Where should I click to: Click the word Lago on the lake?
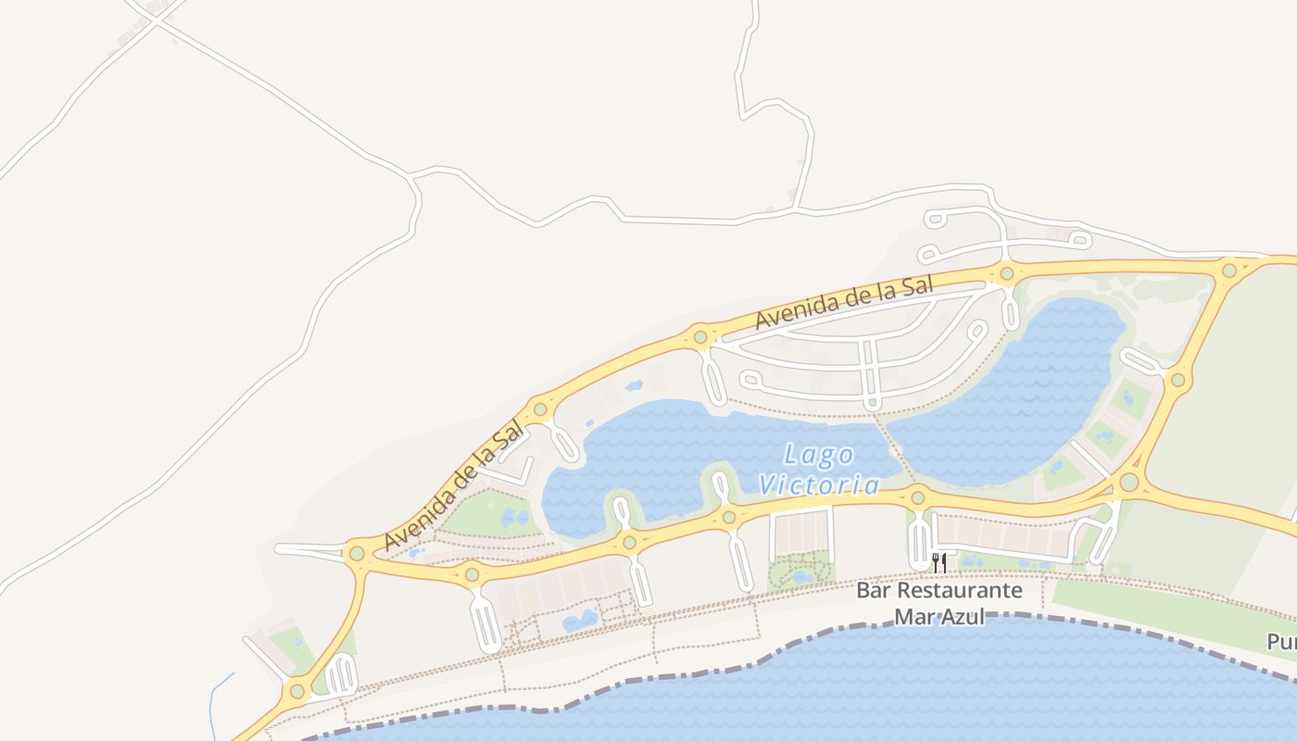[819, 455]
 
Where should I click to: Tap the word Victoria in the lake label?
[818, 484]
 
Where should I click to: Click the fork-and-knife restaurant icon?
[938, 562]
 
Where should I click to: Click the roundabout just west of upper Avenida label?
[700, 337]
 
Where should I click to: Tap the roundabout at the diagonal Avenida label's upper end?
[539, 408]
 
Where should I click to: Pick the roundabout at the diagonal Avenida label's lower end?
[357, 554]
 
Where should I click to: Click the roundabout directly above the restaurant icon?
[917, 497]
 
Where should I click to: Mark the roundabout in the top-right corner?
[1228, 270]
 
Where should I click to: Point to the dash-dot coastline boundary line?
[648, 681]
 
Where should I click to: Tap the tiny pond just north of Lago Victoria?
[634, 385]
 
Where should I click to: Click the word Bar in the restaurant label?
[871, 590]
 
